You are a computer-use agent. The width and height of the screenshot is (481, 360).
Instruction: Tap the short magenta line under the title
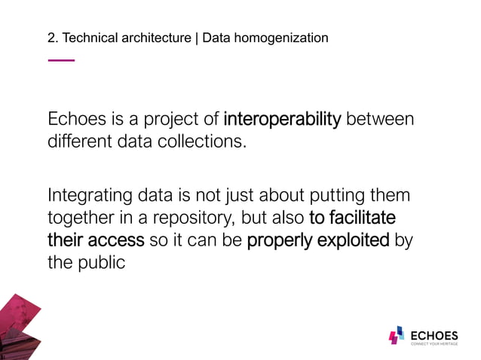61,59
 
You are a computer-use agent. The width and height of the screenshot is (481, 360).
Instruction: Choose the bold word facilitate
363,218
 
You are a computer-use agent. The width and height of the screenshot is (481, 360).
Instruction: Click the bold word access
118,241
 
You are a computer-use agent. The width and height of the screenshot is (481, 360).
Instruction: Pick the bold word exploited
354,241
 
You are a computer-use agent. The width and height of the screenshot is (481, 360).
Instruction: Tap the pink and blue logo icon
397,337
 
